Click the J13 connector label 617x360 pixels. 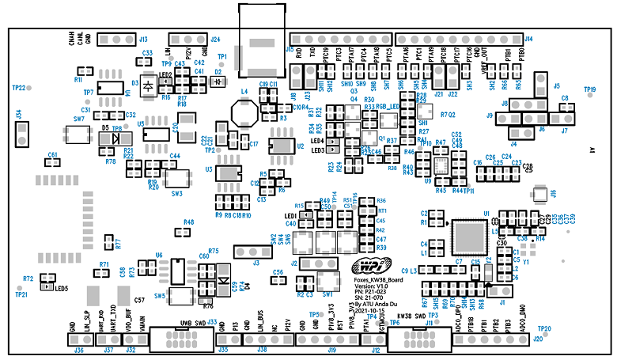143,39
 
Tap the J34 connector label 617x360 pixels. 17,116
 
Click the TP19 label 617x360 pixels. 589,89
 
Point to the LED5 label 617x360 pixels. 61,288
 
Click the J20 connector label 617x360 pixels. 539,339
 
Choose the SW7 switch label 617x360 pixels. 79,119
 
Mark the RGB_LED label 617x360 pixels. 386,107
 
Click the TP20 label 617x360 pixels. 543,328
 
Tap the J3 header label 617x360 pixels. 256,263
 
